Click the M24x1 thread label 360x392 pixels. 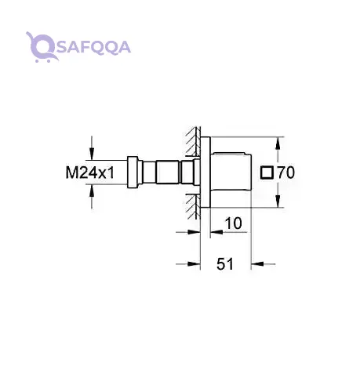[90, 172]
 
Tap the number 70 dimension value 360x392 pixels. [285, 172]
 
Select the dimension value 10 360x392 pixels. [233, 223]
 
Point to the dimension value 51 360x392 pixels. [225, 264]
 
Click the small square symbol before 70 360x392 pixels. [267, 172]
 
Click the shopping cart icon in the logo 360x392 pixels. [42, 47]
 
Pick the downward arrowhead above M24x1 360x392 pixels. [92, 154]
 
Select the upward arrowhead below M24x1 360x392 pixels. [92, 191]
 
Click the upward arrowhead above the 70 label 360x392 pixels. [278, 143]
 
